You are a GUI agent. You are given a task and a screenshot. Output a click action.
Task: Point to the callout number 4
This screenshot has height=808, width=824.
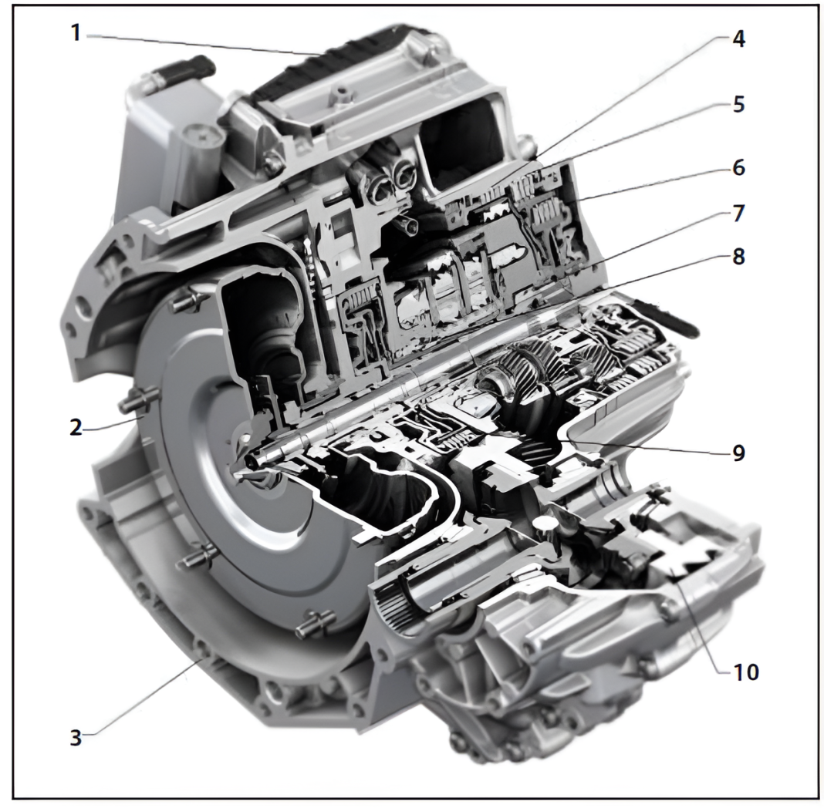coord(738,40)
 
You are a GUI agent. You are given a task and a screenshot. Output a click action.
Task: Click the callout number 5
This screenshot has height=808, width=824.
coord(738,104)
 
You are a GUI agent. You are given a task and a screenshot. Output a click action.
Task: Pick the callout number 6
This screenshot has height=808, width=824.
coord(738,167)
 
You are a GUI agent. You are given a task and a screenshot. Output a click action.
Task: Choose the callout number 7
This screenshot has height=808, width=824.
coord(738,214)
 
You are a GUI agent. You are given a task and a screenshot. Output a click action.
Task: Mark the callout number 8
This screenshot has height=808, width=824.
coord(738,258)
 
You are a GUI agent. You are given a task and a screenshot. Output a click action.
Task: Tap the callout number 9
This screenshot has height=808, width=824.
coord(738,453)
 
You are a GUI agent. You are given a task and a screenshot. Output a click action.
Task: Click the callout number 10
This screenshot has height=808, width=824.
coord(745,672)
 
